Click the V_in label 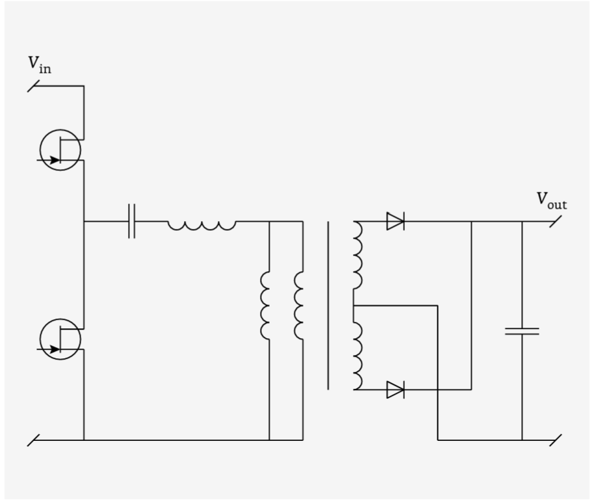40,64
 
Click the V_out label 552,201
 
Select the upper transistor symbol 60,150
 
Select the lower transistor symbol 60,339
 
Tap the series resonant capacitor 132,221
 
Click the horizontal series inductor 202,226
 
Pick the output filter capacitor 522,332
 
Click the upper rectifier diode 396,221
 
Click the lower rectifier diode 396,389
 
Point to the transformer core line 328,306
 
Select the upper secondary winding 358,255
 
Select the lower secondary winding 358,356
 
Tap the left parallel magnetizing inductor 265,306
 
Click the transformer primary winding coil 298,306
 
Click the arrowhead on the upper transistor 55,160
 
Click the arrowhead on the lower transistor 55,349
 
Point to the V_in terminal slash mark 33,86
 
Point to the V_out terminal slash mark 556,221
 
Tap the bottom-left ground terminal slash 33,440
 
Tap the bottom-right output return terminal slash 556,440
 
